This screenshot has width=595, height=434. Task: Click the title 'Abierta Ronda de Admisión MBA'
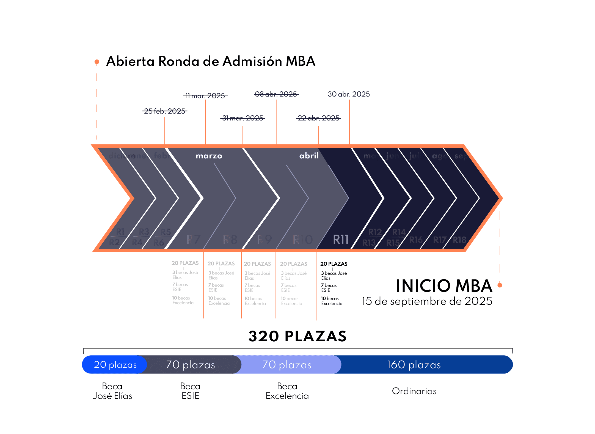tap(211, 61)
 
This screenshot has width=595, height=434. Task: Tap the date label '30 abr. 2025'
tap(349, 94)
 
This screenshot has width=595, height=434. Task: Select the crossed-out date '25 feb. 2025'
tap(165, 111)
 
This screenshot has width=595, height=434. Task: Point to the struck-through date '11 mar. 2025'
tap(205, 96)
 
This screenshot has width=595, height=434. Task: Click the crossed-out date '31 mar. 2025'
tap(243, 118)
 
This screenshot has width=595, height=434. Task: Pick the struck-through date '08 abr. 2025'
tap(276, 94)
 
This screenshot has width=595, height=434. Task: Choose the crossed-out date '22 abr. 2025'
tap(318, 118)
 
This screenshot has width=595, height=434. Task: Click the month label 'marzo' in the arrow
tap(209, 156)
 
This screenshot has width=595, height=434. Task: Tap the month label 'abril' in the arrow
tap(309, 156)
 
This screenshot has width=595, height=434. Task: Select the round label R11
tap(341, 239)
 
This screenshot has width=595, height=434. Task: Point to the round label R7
tap(193, 240)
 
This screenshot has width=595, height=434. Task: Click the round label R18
tap(459, 240)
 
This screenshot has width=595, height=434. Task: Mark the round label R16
tap(416, 240)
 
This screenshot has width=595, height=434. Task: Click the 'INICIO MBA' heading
tap(444, 286)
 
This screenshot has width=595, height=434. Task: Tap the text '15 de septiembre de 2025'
tap(427, 301)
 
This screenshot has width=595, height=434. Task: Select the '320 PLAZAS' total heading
tap(297, 336)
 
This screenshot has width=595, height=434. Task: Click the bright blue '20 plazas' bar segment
tap(115, 365)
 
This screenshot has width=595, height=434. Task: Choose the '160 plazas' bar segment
tap(414, 365)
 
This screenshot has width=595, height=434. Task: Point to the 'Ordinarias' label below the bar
tap(414, 391)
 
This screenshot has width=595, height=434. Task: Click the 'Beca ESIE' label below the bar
tap(190, 391)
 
